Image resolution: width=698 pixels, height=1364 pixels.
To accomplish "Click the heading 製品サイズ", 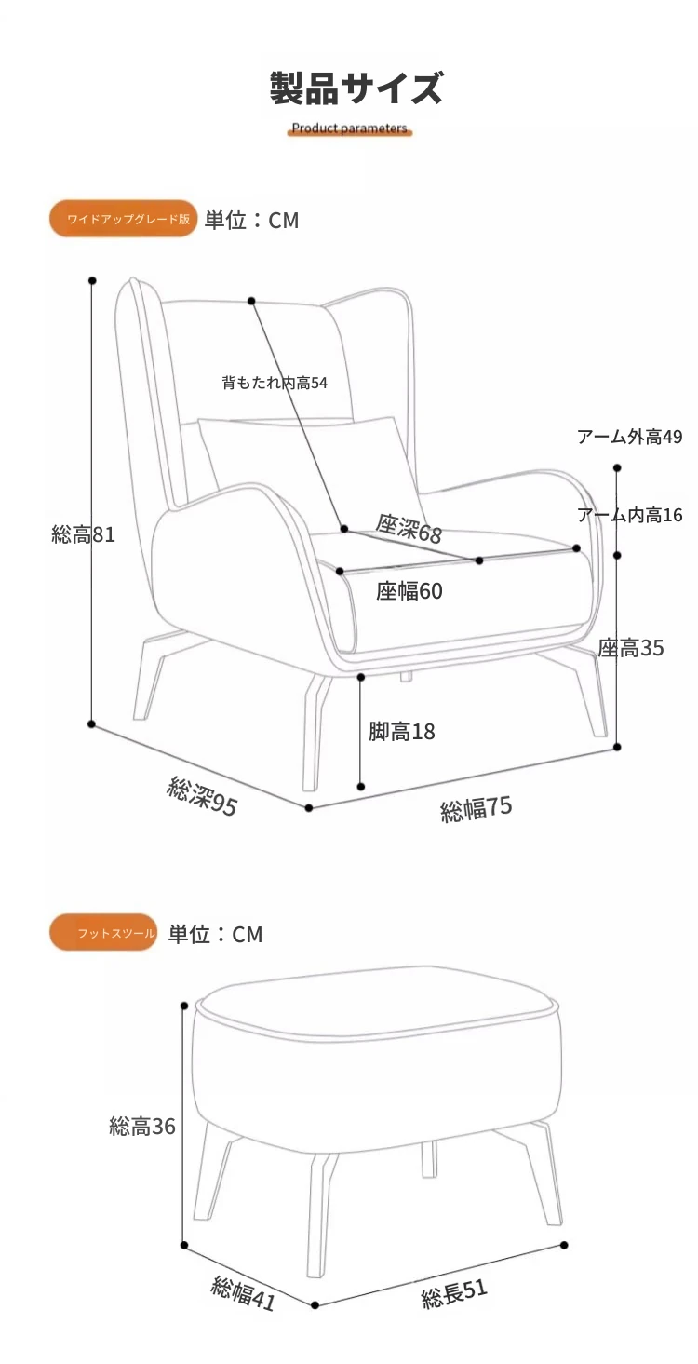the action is coord(356,88).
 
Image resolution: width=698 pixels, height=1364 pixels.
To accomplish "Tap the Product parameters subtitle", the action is coord(349,128).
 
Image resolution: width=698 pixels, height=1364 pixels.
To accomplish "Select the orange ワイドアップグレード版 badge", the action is coord(124,219).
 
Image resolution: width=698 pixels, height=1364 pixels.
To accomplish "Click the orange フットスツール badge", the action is coord(103,932).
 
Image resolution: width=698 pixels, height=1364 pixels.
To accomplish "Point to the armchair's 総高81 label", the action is coord(84,534).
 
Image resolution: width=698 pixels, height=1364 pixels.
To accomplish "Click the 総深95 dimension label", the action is coord(201,796).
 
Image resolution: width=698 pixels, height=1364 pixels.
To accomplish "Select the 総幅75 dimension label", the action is coord(477,809).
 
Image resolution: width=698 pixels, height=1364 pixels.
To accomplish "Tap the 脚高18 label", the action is coord(402,731).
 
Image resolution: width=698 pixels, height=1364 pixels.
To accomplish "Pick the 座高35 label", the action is coord(630,648).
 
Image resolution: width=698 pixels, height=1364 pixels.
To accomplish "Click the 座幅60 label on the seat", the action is coord(409,590).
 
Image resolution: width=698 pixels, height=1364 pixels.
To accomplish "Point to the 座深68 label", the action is coord(409,529).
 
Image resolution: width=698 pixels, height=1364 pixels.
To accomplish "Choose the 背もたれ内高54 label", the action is coord(275,383).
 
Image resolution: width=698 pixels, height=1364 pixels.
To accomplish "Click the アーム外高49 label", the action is coord(630,437).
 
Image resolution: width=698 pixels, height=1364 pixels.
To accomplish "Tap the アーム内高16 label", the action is coord(630,515).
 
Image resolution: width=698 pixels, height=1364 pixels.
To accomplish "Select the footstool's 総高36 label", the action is coord(142,1127).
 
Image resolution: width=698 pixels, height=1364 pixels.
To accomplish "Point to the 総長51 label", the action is coord(454,1293).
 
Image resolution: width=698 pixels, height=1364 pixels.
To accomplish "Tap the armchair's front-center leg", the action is coord(316,732).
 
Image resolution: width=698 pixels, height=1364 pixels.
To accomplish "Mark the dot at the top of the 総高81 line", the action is coord(92,281).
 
